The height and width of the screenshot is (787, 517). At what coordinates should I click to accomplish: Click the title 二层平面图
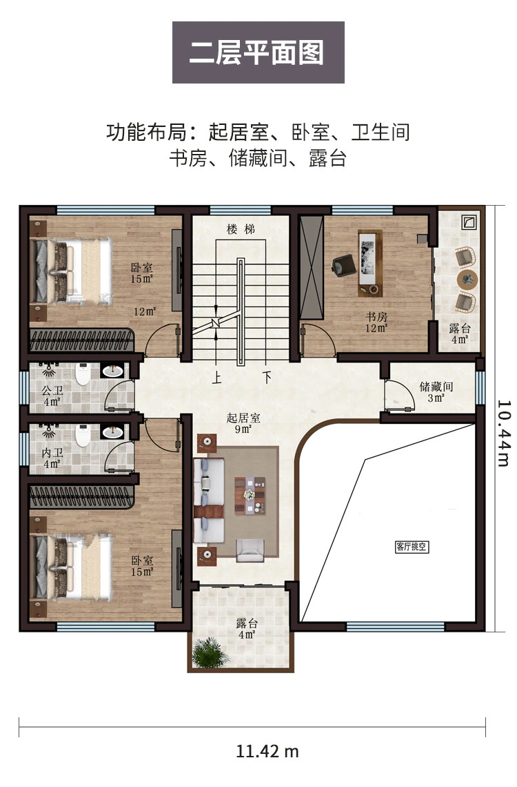(x=258, y=52)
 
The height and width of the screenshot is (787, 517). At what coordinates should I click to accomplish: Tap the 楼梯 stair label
(x=241, y=229)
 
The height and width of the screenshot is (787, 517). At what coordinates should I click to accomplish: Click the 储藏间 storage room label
(x=436, y=387)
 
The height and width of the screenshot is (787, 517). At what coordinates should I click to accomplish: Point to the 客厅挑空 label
(x=412, y=547)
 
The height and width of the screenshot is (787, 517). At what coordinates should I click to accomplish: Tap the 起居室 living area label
(x=243, y=418)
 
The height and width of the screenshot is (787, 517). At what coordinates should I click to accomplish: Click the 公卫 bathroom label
(x=52, y=391)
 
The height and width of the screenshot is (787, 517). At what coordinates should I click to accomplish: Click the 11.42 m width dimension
(x=267, y=751)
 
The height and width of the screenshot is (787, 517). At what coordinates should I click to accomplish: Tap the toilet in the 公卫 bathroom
(x=83, y=374)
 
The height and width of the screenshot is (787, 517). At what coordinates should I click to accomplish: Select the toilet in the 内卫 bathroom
(x=83, y=436)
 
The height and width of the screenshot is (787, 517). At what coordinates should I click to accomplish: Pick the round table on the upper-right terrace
(x=467, y=279)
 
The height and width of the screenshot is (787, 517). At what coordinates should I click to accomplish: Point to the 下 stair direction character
(x=267, y=378)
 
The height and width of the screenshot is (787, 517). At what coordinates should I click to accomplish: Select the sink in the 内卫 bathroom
(x=112, y=433)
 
